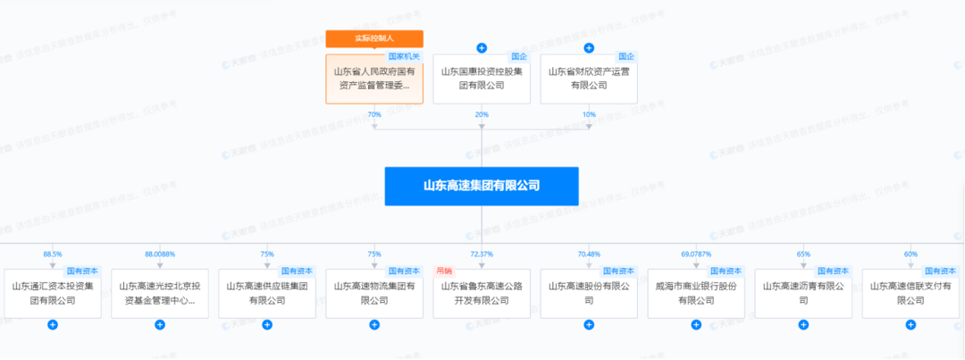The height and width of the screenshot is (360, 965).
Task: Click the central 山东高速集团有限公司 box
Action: [x=482, y=186]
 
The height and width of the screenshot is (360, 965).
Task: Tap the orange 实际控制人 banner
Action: [x=374, y=38]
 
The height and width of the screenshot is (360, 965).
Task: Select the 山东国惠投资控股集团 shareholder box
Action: [x=482, y=79]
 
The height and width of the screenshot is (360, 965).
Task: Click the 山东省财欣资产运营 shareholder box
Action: [x=589, y=79]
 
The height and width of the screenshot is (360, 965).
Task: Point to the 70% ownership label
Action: [x=374, y=114]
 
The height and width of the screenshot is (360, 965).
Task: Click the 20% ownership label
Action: [x=482, y=114]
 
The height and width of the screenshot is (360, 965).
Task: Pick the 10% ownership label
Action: [x=589, y=114]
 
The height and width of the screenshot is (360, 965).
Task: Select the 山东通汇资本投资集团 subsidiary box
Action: [x=53, y=293]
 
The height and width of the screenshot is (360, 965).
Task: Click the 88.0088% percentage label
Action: [x=160, y=254]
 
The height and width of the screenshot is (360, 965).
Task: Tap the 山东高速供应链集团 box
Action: [x=267, y=293]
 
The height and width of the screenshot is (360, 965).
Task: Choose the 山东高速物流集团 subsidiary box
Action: [x=374, y=293]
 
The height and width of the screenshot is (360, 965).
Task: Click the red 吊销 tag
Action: [x=444, y=270]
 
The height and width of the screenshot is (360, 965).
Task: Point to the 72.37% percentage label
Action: [x=482, y=254]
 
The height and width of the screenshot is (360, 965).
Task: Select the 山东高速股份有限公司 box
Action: [x=589, y=293]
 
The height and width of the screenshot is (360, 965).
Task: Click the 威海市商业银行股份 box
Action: [x=696, y=293]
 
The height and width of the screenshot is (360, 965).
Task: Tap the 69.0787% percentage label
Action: [x=696, y=254]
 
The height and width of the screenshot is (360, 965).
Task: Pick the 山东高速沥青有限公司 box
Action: [x=803, y=293]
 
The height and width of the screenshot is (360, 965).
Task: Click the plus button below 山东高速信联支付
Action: [x=910, y=324]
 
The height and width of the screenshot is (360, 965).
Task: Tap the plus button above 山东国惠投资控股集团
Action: [x=482, y=47]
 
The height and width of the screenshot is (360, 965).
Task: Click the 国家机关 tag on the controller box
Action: [x=405, y=56]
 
